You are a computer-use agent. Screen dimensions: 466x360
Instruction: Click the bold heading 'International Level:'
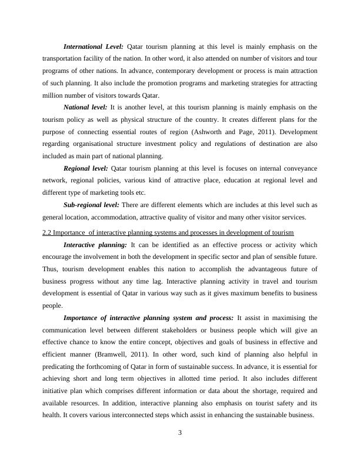[x=93, y=46]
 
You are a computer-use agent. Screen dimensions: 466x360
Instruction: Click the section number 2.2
[x=48, y=233]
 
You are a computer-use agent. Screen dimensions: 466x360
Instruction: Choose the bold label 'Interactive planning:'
[x=95, y=245]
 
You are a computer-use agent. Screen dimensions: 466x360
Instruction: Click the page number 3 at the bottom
[x=180, y=433]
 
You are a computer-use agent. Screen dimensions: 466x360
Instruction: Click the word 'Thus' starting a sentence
[x=49, y=269]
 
